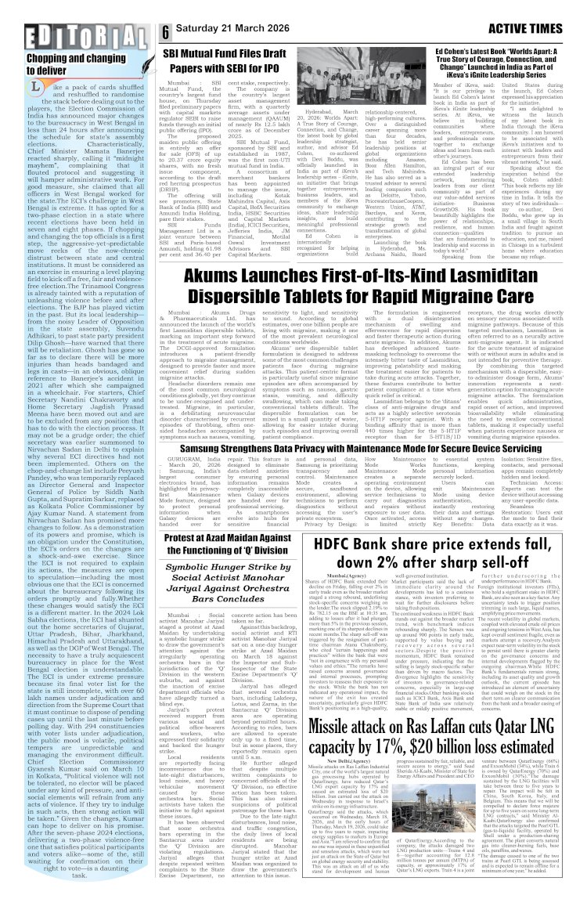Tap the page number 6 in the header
167,32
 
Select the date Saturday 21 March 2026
235,32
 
